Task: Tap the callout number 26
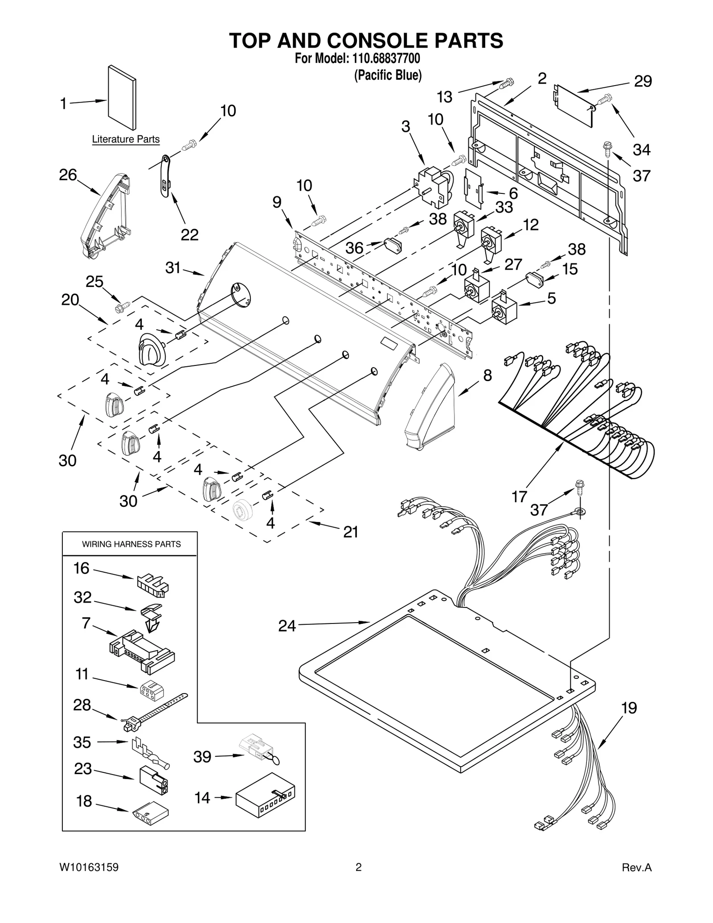68,175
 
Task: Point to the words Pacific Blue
388,75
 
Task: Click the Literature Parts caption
126,139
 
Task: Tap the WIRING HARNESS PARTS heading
131,544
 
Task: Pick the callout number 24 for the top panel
287,626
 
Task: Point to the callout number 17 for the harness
519,496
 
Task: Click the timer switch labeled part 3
431,187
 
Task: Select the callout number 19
629,708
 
